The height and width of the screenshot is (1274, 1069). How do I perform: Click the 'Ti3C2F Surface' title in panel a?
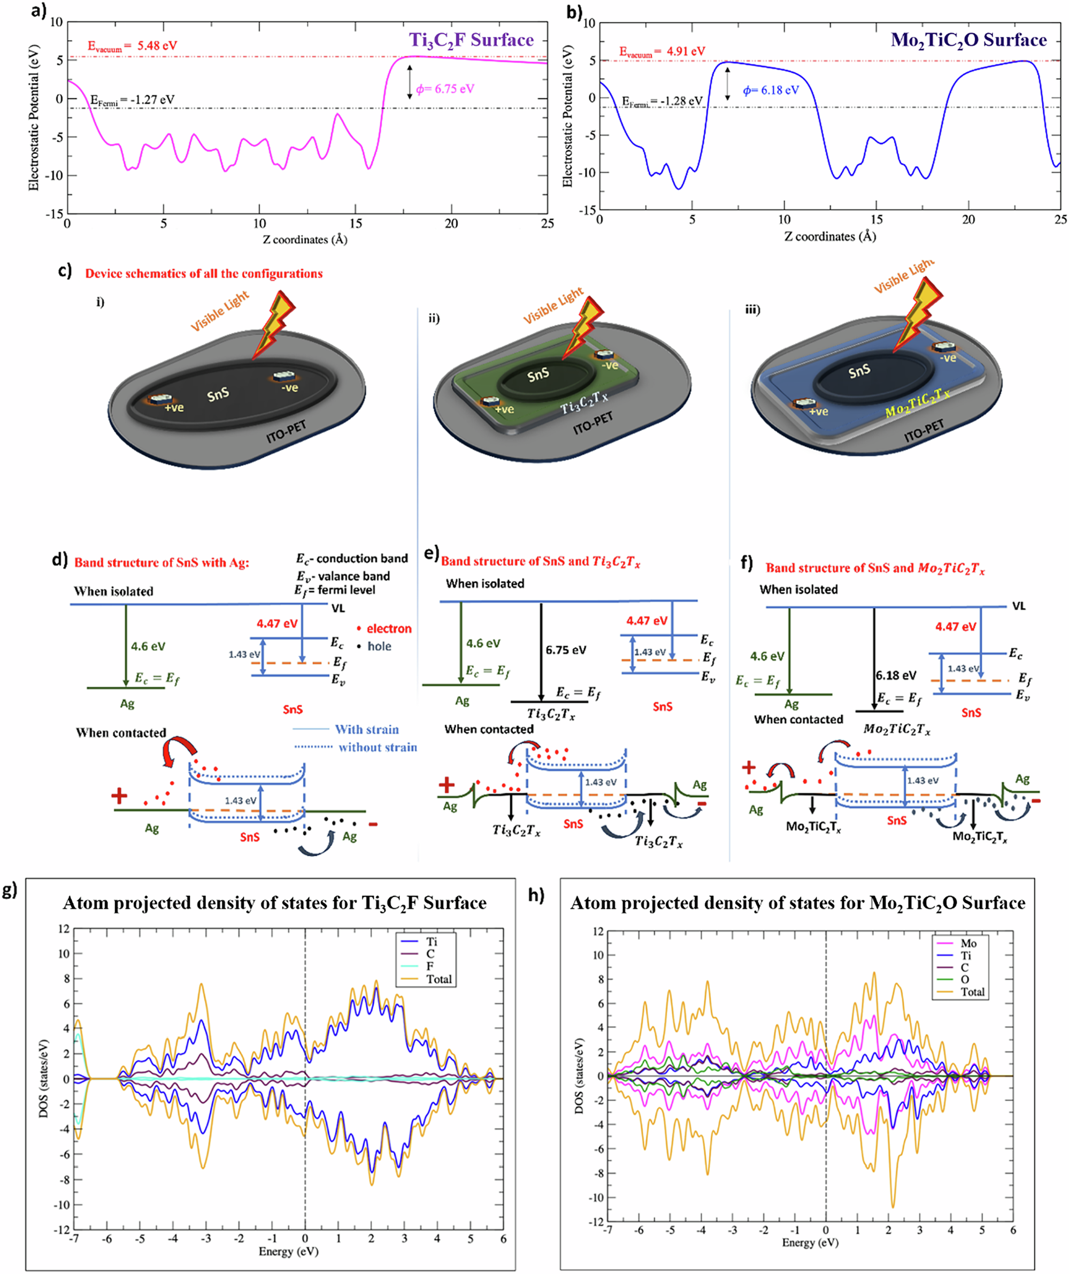coord(471,40)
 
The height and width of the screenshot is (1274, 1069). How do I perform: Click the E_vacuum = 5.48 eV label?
coord(132,46)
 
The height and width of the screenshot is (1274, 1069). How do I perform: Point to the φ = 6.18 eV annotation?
coord(771,90)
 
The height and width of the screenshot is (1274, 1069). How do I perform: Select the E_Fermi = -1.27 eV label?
coord(132,100)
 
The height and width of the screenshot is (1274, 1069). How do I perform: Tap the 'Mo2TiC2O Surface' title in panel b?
coord(968,40)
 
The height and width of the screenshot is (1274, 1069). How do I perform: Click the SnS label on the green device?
coord(538,375)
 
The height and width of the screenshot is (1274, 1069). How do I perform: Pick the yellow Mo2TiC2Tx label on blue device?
coord(917,403)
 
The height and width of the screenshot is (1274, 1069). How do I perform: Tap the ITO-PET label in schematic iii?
coord(924,431)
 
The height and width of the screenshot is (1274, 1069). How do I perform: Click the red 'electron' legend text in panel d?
coord(389,629)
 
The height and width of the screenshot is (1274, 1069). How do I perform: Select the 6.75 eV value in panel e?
coord(565,650)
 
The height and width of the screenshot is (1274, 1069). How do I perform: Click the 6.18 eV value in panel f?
coord(896,675)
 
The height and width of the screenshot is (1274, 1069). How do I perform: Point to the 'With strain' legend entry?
coord(366,729)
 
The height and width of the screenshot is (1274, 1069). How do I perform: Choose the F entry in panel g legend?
coord(430,966)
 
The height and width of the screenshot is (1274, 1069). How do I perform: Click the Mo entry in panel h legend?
coord(968,943)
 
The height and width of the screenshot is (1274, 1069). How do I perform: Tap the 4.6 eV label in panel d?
coord(148,647)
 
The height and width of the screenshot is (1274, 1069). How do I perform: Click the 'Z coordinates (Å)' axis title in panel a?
coord(305,240)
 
